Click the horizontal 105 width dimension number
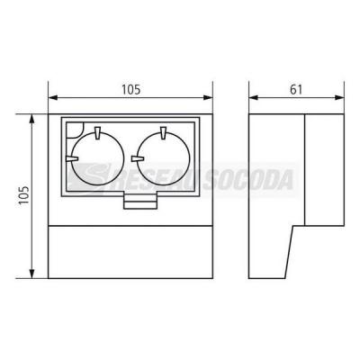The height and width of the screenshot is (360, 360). pyautogui.click(x=130, y=89)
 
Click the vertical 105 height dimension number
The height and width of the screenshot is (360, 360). pyautogui.click(x=24, y=195)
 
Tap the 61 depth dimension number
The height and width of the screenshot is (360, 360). pyautogui.click(x=296, y=89)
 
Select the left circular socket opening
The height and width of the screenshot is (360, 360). pyautogui.click(x=98, y=159)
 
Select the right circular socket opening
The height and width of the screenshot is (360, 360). pyautogui.click(x=164, y=159)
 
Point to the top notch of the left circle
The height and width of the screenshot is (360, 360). pyautogui.click(x=97, y=133)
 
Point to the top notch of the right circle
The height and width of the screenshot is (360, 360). pyautogui.click(x=163, y=133)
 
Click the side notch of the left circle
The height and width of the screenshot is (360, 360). pyautogui.click(x=72, y=158)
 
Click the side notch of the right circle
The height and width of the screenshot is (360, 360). pyautogui.click(x=138, y=158)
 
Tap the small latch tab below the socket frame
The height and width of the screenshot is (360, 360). pyautogui.click(x=140, y=202)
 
